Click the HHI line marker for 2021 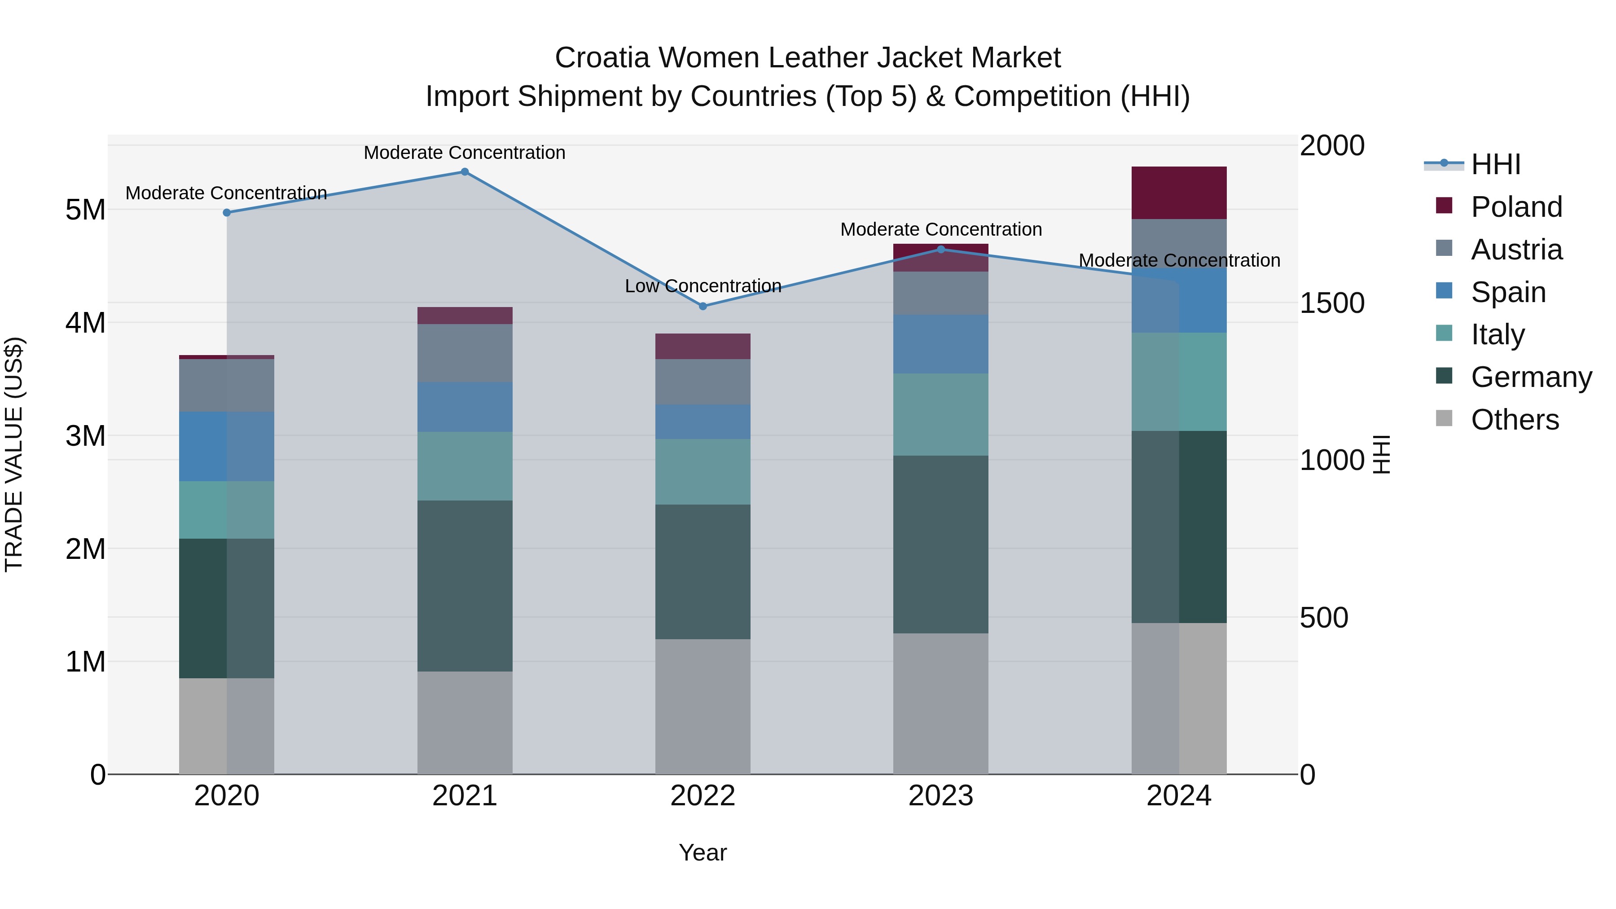(x=465, y=172)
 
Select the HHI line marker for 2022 (x=703, y=306)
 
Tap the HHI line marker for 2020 (x=227, y=213)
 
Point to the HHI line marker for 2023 (x=940, y=250)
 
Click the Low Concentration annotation (x=703, y=286)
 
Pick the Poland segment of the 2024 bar (x=1179, y=193)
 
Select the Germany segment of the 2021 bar (x=465, y=586)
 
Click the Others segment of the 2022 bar (x=703, y=707)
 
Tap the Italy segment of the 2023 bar (x=940, y=415)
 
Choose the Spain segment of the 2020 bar (x=227, y=447)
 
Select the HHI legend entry (x=1496, y=164)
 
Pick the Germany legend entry (x=1531, y=378)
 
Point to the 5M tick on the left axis (x=85, y=210)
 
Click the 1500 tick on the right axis (x=1332, y=303)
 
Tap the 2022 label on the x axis (x=703, y=796)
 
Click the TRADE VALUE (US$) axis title (x=14, y=454)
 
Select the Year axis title (x=703, y=852)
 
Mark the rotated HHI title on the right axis (x=1381, y=454)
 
